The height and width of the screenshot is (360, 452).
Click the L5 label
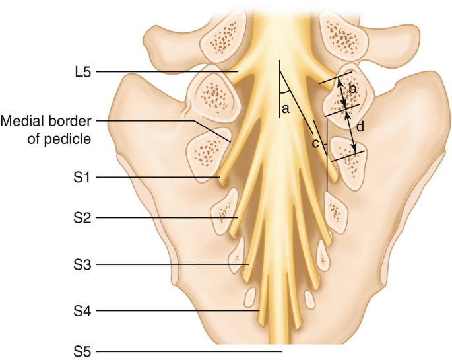click(x=85, y=71)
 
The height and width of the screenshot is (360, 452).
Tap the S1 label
click(x=85, y=178)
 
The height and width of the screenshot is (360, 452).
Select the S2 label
click(x=85, y=217)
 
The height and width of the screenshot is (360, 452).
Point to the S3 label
click(x=85, y=264)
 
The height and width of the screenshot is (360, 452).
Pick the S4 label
click(x=85, y=310)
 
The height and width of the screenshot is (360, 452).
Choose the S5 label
click(x=85, y=351)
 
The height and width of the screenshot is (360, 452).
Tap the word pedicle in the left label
click(x=69, y=139)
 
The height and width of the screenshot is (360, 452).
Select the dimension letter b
click(x=352, y=88)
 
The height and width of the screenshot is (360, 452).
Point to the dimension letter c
click(x=315, y=143)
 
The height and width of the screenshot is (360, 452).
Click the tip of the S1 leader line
click(x=219, y=178)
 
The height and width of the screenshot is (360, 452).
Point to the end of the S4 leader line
click(x=260, y=310)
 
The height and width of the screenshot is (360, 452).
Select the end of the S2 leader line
click(x=237, y=217)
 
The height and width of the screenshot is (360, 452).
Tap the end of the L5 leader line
click(x=238, y=71)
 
